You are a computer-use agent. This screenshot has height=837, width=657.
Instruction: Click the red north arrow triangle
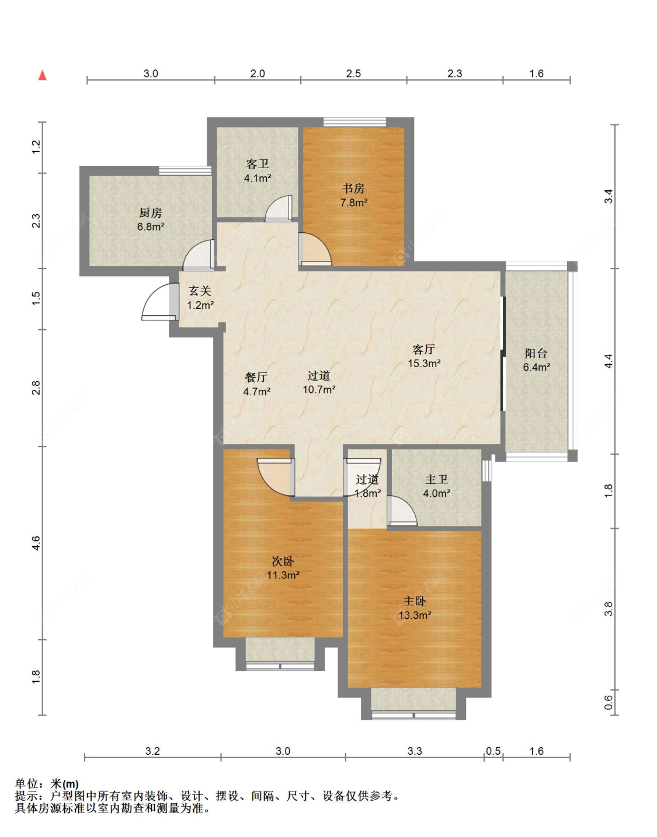(43, 75)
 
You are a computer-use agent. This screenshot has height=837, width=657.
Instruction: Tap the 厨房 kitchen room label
(150, 212)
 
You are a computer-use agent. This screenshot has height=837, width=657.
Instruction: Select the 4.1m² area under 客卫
(258, 179)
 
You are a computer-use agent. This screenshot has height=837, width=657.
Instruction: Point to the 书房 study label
(353, 189)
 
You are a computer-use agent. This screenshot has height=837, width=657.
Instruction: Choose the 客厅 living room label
(423, 350)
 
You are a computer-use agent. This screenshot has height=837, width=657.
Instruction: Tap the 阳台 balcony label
(536, 353)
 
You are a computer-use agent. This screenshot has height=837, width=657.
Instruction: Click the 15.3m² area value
(424, 363)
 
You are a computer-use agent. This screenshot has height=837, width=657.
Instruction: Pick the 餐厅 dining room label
(256, 377)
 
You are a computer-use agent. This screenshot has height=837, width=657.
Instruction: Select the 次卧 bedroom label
(283, 561)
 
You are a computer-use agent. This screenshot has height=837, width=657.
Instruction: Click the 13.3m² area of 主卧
(415, 615)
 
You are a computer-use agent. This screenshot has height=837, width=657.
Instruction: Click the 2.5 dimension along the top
(353, 73)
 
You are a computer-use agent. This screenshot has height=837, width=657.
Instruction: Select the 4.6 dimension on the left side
(36, 543)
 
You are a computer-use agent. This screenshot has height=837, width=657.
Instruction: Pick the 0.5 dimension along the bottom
(493, 751)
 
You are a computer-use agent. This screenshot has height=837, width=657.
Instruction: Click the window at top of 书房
(354, 122)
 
